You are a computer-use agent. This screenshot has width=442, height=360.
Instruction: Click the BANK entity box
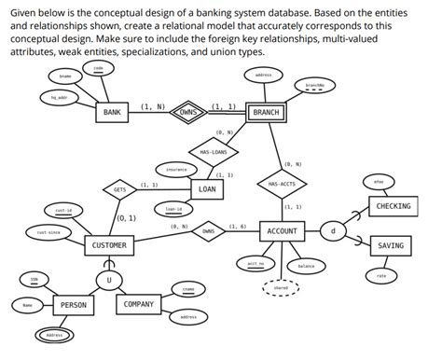coord(112,112)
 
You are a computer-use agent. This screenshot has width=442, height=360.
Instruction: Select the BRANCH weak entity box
coord(266,112)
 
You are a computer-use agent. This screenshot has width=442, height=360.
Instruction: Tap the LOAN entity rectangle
coord(206,189)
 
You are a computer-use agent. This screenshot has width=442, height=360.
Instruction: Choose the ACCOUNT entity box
coord(282,230)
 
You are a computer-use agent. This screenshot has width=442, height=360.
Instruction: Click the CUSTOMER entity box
coord(110,245)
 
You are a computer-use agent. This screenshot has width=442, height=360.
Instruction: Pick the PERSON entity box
coord(74,305)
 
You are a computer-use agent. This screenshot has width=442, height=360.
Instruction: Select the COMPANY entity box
coord(139,304)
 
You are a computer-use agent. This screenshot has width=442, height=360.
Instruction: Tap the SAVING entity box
coord(392,245)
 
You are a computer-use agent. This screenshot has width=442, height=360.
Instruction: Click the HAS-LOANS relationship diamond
coord(214,150)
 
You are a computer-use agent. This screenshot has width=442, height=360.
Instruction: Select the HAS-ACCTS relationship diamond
coord(281,184)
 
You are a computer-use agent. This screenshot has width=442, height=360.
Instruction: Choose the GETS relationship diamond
coord(120,189)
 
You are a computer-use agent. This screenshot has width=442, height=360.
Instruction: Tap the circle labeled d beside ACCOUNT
coord(334,230)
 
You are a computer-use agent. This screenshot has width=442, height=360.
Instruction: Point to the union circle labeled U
coord(109,280)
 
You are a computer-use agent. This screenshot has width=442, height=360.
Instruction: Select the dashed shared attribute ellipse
coord(280,289)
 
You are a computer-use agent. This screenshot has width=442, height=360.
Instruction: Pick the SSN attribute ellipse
coord(34,279)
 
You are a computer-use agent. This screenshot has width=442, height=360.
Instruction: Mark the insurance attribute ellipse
coord(176,170)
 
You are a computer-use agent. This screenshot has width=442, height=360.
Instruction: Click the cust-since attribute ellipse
coord(48,232)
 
